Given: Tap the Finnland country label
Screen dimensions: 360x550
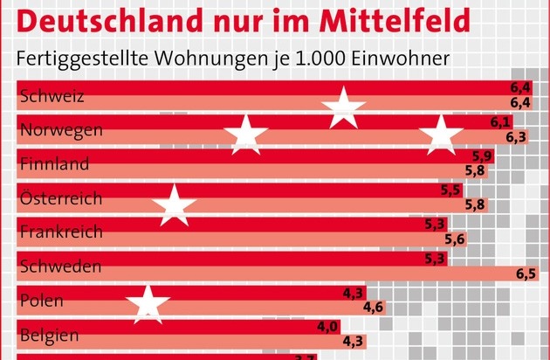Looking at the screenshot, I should (53, 164).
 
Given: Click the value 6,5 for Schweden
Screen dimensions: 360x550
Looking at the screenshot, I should (526, 273).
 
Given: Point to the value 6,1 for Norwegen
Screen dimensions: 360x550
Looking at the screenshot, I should (500, 122).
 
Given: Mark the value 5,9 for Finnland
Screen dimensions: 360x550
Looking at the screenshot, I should (483, 156).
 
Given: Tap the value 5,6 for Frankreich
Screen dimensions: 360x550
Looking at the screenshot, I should (456, 239).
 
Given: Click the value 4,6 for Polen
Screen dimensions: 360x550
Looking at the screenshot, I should (374, 308).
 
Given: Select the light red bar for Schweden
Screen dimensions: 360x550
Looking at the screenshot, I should (262, 273).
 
